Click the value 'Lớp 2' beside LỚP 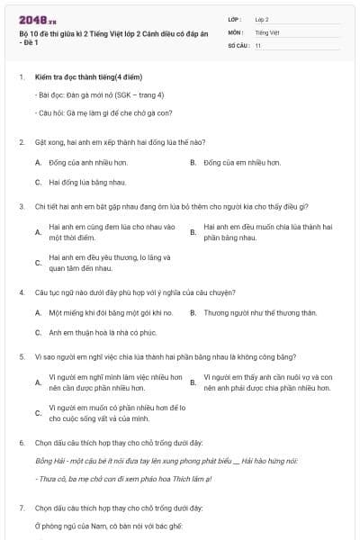pyautogui.click(x=262, y=18)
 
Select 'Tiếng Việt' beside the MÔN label pyautogui.click(x=265, y=31)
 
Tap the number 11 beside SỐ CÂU pyautogui.click(x=258, y=44)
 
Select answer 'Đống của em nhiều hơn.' pyautogui.click(x=241, y=163)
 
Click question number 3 pyautogui.click(x=22, y=206)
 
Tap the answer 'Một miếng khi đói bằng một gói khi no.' pyautogui.click(x=111, y=312)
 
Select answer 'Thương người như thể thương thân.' pyautogui.click(x=260, y=312)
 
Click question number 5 pyautogui.click(x=22, y=355)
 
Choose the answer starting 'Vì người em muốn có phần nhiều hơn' pyautogui.click(x=117, y=413)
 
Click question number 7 pyautogui.click(x=22, y=508)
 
